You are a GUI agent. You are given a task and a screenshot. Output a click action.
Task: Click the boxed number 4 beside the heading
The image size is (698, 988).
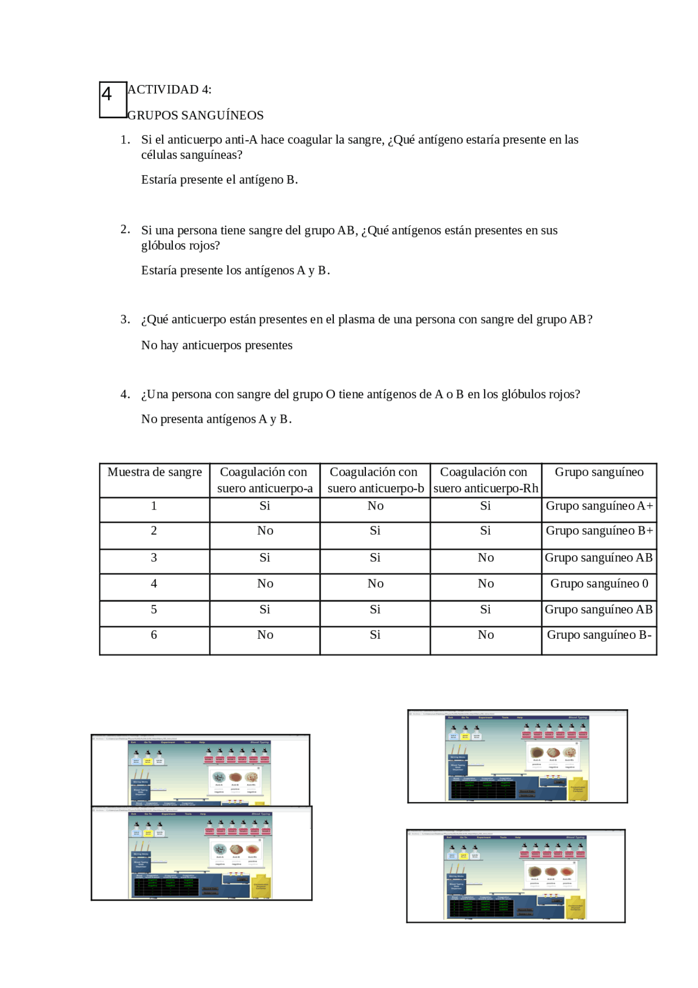pos(112,99)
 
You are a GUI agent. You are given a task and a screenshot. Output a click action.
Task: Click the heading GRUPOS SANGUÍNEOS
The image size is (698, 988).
pos(195,115)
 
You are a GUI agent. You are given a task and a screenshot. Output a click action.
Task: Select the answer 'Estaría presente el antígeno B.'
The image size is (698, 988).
pos(219,179)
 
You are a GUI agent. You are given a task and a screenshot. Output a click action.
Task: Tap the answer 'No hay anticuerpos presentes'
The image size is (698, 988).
pos(216,345)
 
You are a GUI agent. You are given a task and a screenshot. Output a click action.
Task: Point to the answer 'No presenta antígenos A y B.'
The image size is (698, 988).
pos(216,419)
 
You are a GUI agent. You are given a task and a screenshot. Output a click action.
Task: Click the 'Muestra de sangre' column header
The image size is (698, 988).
pos(154,472)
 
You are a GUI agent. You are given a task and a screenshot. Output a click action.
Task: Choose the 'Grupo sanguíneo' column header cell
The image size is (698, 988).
pos(599,472)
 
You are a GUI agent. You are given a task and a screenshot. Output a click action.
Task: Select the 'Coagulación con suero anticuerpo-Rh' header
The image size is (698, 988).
pos(485,480)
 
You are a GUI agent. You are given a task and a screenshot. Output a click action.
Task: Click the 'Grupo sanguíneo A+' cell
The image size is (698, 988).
pos(599,506)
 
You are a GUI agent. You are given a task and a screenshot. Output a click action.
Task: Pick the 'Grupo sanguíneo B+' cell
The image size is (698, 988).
pos(599,531)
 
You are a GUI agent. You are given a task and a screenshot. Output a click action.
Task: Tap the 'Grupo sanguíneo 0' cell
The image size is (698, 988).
pos(599,584)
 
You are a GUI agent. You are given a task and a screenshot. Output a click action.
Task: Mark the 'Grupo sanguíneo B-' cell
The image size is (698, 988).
pos(599,635)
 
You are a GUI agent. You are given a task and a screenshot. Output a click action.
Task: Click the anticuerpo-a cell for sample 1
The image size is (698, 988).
pos(264,506)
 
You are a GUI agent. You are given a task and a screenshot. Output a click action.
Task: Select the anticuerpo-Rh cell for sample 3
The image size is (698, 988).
pos(485,558)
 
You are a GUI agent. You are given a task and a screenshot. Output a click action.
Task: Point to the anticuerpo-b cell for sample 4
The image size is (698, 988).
pos(375,584)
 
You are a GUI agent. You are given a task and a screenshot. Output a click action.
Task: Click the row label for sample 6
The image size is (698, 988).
pos(154,635)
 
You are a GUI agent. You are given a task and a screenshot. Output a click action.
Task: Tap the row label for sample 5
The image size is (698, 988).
pos(154,609)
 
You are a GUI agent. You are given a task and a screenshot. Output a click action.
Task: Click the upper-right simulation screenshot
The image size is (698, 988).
pos(518,756)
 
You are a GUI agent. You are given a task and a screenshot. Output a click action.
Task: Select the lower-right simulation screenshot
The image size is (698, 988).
pos(516,876)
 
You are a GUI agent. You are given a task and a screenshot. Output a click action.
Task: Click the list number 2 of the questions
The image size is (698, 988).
pos(125,229)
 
